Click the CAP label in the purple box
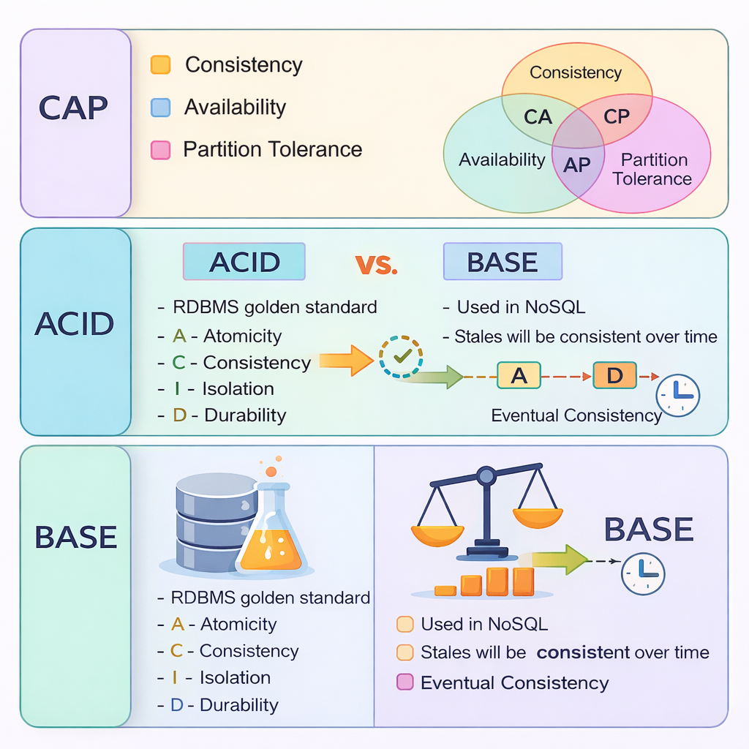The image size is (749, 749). coord(73,108)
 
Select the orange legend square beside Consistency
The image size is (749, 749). coord(160,65)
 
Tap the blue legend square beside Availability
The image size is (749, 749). coord(160,108)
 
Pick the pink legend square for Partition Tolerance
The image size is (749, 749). coord(160,150)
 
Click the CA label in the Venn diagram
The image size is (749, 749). coord(538,117)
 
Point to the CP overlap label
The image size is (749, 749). coord(617,117)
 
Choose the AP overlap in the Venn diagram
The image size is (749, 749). coord(576,165)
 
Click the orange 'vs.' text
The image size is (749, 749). coord(376,263)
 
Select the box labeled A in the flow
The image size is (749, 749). coord(519,376)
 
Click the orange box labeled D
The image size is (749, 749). coord(614,376)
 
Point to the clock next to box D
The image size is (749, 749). coord(678,395)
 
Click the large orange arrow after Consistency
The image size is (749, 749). coord(345,360)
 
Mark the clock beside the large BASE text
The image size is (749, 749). coord(643,573)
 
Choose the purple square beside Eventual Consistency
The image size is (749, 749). coord(404,682)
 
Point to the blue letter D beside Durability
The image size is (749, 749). coord(176,704)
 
